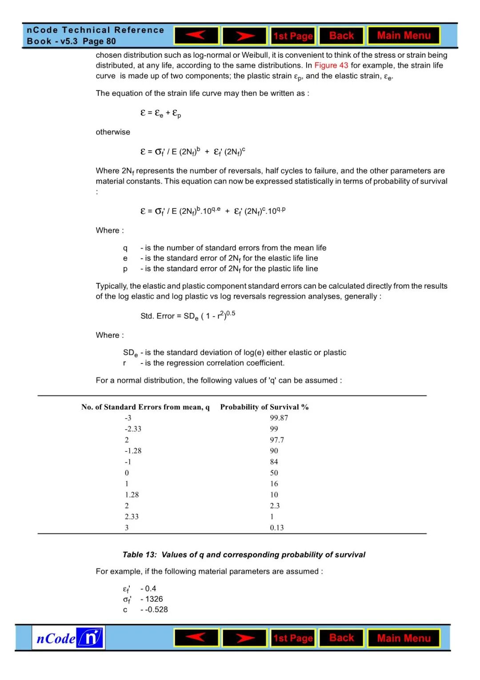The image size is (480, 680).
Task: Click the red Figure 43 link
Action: [331, 65]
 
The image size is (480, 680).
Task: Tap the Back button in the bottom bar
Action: [341, 638]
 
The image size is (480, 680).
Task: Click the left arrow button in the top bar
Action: [196, 36]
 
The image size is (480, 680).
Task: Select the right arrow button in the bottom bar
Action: [244, 638]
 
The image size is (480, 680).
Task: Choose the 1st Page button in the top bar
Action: [293, 36]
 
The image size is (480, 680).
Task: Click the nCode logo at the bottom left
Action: [68, 638]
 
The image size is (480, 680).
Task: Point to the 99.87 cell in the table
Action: [279, 418]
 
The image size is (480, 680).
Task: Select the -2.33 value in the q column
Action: [133, 429]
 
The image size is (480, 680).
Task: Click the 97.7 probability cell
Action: [277, 440]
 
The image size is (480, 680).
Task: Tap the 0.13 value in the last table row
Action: [276, 528]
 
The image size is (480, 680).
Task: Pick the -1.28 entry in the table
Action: [133, 451]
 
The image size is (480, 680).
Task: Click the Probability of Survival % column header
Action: [264, 407]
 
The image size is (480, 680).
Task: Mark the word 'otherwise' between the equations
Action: [113, 132]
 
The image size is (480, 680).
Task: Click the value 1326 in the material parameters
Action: [154, 599]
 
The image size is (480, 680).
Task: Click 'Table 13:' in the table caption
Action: [140, 555]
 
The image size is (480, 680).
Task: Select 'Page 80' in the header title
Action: [99, 41]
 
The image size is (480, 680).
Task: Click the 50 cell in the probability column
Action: [274, 473]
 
